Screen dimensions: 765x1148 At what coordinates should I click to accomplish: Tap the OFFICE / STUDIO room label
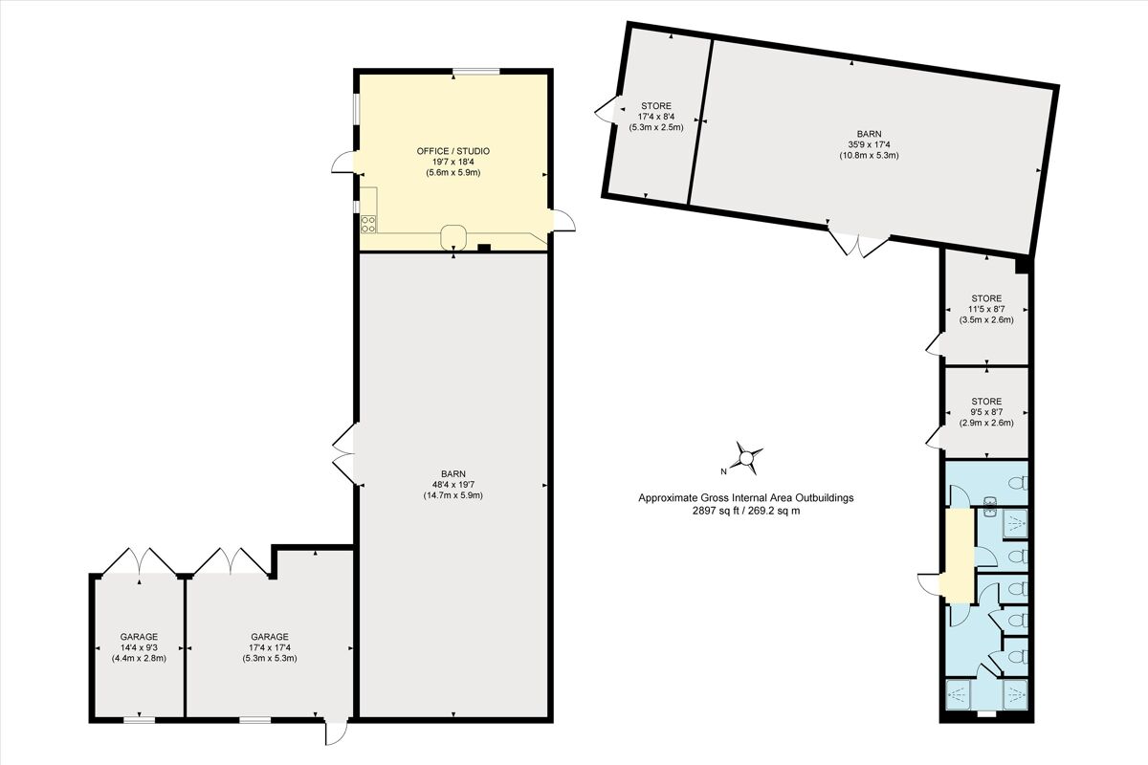point(453,151)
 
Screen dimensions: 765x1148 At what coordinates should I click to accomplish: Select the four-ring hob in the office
point(367,224)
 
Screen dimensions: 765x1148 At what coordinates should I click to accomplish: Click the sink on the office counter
point(453,235)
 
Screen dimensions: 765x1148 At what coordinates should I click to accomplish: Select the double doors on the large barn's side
point(343,452)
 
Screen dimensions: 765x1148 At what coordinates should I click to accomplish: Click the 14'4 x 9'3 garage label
point(139,647)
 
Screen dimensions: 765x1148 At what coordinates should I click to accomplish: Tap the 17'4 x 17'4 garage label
point(269,647)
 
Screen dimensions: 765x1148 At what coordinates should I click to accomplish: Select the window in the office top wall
point(475,71)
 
